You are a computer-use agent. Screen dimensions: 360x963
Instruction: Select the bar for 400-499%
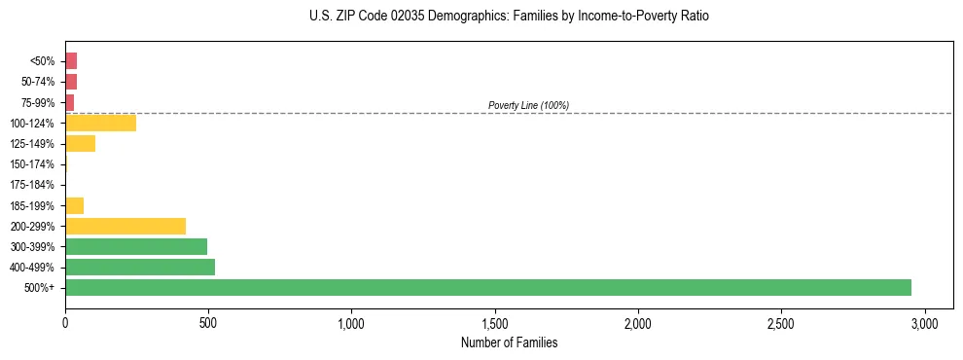pyautogui.click(x=140, y=267)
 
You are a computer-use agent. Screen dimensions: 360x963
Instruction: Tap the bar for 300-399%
pyautogui.click(x=136, y=246)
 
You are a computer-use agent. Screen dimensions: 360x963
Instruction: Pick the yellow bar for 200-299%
pyautogui.click(x=125, y=226)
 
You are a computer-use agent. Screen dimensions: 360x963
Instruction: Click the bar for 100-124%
pyautogui.click(x=100, y=123)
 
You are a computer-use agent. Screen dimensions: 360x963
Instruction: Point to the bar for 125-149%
pyautogui.click(x=80, y=144)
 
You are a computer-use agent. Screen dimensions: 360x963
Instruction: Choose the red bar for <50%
pyautogui.click(x=71, y=61)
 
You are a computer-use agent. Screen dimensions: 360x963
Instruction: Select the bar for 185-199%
pyautogui.click(x=74, y=205)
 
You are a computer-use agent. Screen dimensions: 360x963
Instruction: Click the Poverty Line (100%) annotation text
pyautogui.click(x=528, y=105)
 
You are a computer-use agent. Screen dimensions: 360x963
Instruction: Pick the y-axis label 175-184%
pyautogui.click(x=34, y=185)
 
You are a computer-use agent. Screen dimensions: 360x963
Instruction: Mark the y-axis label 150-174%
pyautogui.click(x=34, y=164)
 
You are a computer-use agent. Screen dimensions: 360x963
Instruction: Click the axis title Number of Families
pyautogui.click(x=509, y=342)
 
